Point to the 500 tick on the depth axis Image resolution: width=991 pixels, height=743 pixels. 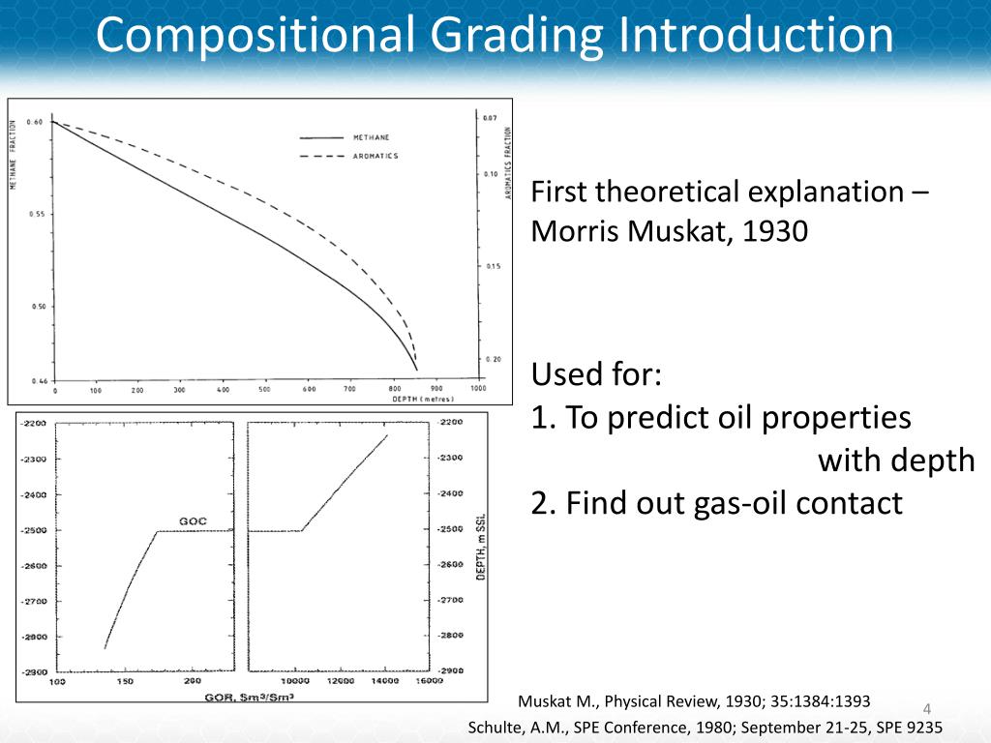pyautogui.click(x=264, y=390)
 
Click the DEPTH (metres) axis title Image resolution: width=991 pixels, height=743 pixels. pyautogui.click(x=423, y=398)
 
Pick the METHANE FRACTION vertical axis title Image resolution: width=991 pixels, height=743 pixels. pyautogui.click(x=15, y=155)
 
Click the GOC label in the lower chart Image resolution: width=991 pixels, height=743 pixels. pyautogui.click(x=192, y=521)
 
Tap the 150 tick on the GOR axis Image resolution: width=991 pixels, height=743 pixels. pyautogui.click(x=126, y=682)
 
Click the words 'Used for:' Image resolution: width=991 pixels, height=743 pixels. pyautogui.click(x=596, y=374)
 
